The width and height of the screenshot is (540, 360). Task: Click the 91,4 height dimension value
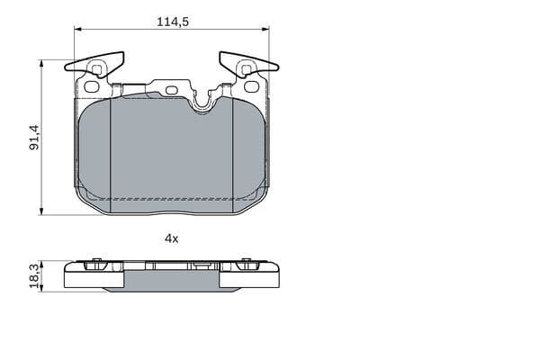(x=34, y=138)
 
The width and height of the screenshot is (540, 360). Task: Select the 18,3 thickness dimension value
(x=34, y=276)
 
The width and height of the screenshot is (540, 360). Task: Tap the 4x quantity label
(x=171, y=238)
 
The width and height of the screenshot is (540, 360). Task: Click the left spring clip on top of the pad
(x=94, y=64)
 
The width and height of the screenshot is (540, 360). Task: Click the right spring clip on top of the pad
(x=248, y=64)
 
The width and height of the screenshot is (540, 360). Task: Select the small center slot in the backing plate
(x=171, y=89)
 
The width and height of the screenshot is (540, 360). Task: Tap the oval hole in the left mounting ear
(x=91, y=86)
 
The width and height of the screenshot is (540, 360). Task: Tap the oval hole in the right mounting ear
(x=252, y=86)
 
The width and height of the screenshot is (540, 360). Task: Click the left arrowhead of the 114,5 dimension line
(x=78, y=29)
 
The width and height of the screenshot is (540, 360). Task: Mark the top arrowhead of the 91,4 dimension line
(x=41, y=64)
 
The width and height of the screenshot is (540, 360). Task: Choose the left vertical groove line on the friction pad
(x=110, y=153)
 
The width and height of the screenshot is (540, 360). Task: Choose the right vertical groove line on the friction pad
(x=233, y=153)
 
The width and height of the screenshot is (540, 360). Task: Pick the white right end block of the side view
(x=249, y=278)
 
